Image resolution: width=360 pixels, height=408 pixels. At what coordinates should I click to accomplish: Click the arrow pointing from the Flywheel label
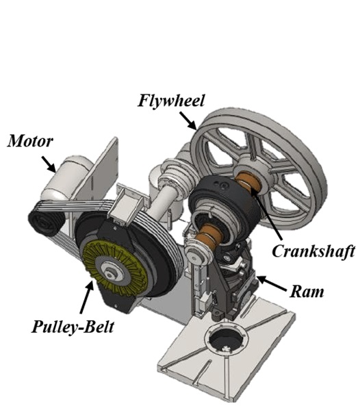[189, 122]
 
